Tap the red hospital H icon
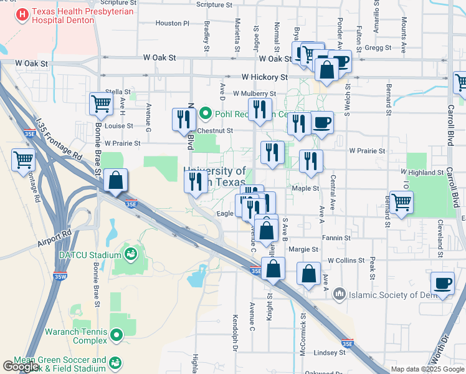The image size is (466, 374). point(21,14)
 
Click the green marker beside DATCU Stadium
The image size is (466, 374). point(130,254)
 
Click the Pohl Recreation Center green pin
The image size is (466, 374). point(207,115)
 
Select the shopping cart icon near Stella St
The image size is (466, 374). point(101,103)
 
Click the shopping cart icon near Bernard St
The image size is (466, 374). point(401,202)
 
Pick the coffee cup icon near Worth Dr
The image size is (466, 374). point(443,283)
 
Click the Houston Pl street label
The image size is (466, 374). point(172,23)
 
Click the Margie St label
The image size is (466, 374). point(304,249)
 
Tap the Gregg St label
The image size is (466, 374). point(378,47)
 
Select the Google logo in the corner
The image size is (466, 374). point(21,367)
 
